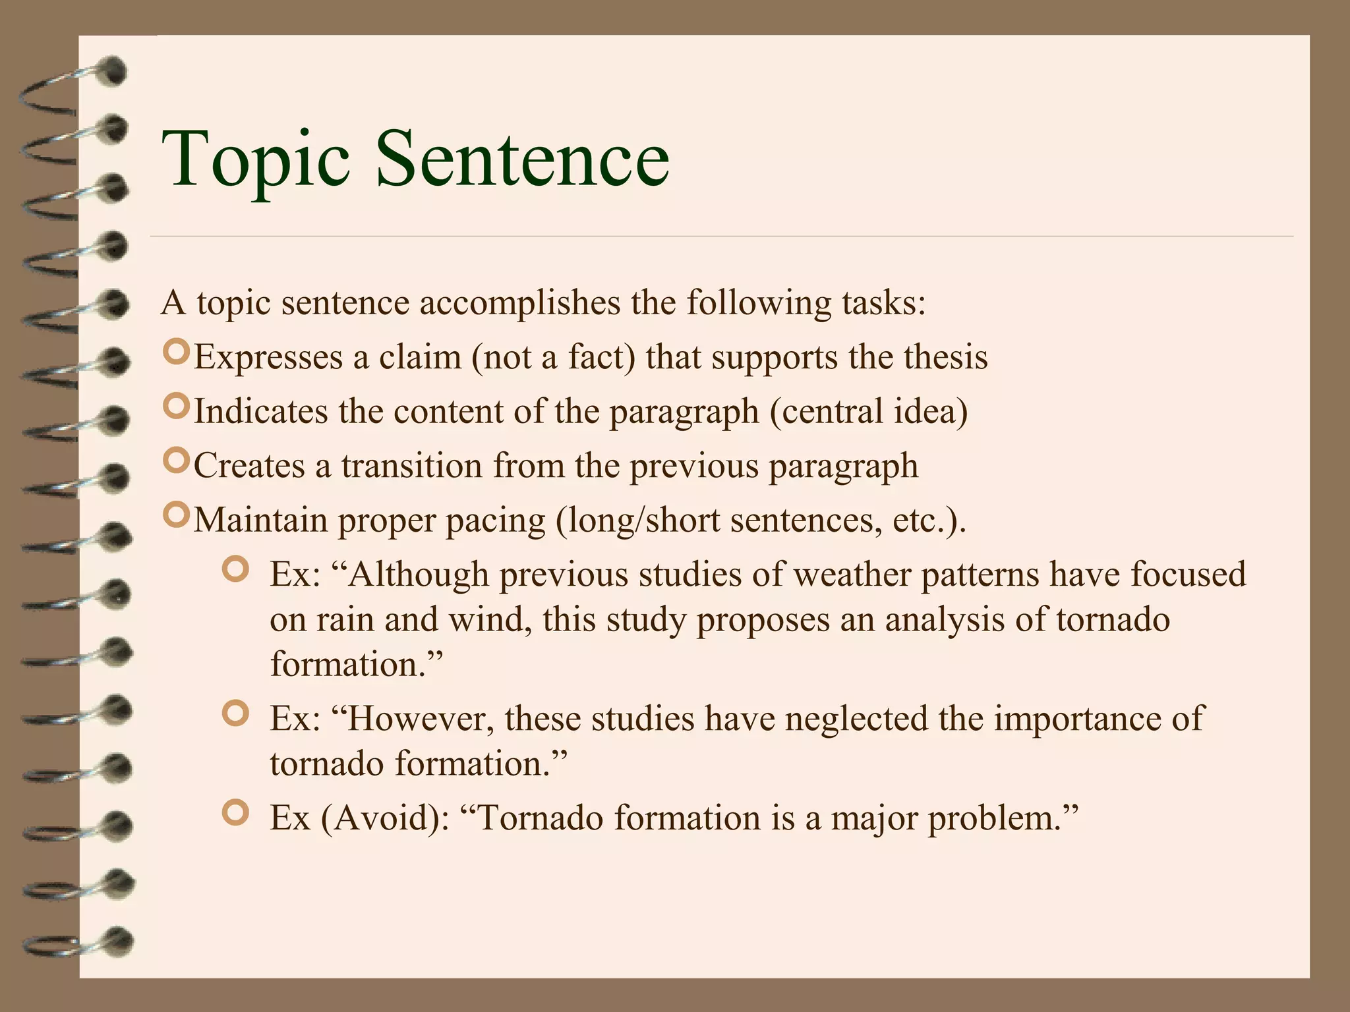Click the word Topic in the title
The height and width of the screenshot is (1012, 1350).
tap(256, 160)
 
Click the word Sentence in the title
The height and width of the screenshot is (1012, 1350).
tap(522, 160)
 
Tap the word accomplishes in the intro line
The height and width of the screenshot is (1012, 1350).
tap(519, 304)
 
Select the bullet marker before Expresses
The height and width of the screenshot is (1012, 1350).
tap(175, 353)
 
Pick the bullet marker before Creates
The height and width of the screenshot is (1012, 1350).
tap(175, 462)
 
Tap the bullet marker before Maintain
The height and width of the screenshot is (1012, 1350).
tap(175, 516)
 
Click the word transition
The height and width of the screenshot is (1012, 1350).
tap(412, 466)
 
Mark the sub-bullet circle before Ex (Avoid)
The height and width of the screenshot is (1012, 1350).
tap(235, 813)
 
